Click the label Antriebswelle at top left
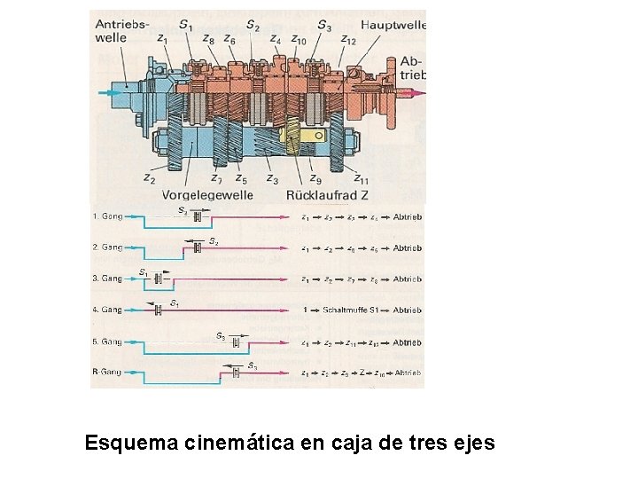click(x=123, y=30)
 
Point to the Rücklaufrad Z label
click(x=326, y=195)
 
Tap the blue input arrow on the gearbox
click(x=111, y=91)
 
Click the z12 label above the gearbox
click(x=347, y=40)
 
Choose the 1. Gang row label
click(x=106, y=216)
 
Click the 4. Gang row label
click(x=106, y=310)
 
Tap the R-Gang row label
click(x=106, y=373)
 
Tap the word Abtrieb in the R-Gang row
click(x=408, y=373)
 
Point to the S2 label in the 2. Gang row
click(x=213, y=240)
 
